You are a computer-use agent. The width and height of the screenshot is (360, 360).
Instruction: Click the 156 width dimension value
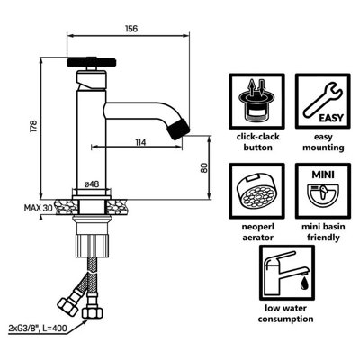tap(131, 29)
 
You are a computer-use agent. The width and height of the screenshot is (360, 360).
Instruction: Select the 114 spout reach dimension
tap(140, 142)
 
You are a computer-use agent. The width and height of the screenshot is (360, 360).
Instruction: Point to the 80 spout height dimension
tap(203, 167)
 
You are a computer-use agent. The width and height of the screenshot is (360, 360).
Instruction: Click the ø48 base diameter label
tap(92, 184)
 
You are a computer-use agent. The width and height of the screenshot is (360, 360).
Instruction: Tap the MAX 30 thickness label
tap(39, 208)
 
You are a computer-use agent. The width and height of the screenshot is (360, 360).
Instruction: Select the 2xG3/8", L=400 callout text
tap(38, 328)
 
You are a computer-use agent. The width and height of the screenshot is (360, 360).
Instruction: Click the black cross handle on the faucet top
tap(91, 62)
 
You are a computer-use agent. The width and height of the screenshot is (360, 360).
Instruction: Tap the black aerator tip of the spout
tap(178, 129)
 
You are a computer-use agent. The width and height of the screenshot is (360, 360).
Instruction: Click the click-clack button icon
tap(256, 102)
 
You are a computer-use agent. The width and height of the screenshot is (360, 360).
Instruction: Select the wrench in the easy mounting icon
tap(322, 101)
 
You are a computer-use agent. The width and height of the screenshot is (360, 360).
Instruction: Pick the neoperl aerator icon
tap(256, 191)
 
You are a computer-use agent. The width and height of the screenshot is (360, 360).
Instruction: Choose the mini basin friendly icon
tap(323, 191)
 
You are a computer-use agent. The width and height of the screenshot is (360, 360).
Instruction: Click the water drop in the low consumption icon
tap(305, 283)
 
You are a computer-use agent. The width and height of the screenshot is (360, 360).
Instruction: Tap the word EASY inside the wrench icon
tap(331, 118)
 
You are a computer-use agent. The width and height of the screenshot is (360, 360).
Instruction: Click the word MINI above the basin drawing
tap(323, 175)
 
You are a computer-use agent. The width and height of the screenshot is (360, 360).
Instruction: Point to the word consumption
tap(285, 319)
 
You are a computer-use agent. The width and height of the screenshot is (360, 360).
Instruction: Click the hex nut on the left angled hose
tap(67, 305)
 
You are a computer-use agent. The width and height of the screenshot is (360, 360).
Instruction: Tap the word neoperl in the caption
tap(257, 227)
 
